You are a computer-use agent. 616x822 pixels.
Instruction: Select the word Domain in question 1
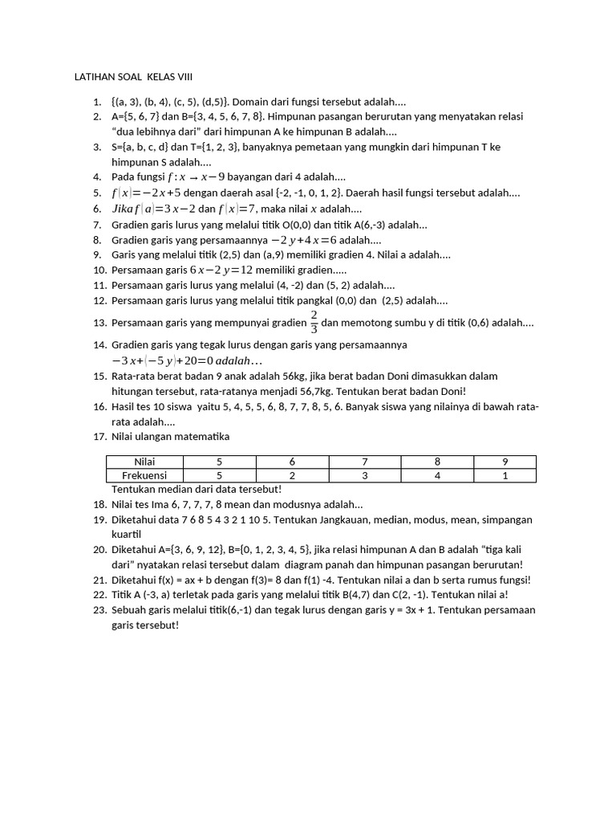tap(249, 103)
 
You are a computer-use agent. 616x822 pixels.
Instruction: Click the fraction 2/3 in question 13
tap(314, 321)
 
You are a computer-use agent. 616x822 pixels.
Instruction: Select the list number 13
tap(99, 323)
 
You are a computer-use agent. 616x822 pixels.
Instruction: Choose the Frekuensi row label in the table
tap(145, 475)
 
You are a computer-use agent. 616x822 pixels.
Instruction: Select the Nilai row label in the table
tap(145, 462)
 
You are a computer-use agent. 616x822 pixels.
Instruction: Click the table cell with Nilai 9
tap(504, 462)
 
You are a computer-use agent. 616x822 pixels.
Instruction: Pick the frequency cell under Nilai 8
tap(437, 475)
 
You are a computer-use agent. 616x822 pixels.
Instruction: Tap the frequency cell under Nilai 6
tap(292, 475)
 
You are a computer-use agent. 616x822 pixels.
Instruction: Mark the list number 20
tap(99, 550)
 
